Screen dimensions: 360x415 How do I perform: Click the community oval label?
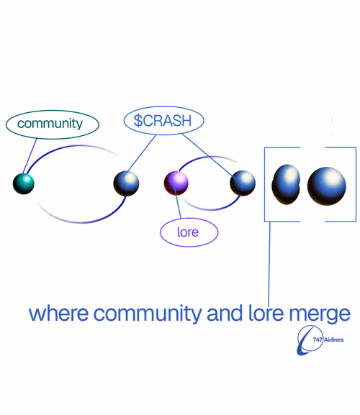53,124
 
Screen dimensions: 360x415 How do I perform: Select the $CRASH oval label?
163,120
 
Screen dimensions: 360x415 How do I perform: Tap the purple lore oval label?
189,232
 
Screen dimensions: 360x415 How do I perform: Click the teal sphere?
24,183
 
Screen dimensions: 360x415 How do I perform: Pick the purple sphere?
176,183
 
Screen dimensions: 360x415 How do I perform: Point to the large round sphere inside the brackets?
327,186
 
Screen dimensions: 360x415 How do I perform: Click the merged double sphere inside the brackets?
286,184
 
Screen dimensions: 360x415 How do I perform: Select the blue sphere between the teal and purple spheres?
126,183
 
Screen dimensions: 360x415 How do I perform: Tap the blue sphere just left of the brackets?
243,183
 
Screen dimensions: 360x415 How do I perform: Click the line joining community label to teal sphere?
30,156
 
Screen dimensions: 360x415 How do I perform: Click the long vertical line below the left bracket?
269,264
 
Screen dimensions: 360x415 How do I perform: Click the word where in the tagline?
58,314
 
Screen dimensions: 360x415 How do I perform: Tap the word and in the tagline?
225,313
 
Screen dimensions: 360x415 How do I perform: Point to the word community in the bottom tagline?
148,314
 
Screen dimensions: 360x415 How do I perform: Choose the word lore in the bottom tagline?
266,313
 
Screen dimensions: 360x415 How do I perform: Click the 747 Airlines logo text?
328,339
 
